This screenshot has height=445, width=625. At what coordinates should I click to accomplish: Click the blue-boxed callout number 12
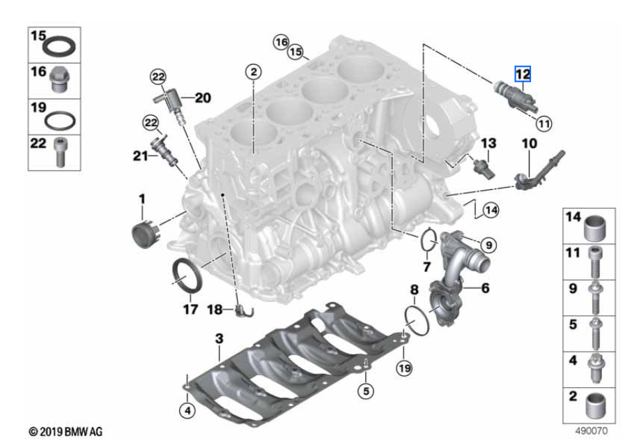pos(523,74)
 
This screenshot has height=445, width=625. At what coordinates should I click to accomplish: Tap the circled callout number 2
pos(254,72)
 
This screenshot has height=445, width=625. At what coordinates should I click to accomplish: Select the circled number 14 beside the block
pos(491,210)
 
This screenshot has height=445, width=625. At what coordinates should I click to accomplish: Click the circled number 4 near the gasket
pos(187,410)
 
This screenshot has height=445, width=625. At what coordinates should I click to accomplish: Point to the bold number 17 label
pos(190,309)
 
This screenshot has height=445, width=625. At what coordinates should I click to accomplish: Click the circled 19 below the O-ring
pos(405,368)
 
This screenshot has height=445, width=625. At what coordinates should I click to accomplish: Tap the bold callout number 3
pos(219,338)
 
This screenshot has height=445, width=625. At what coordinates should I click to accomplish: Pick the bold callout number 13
pos(488,143)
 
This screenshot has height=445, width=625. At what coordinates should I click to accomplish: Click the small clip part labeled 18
pos(244,310)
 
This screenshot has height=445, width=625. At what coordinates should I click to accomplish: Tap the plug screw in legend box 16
pos(60,80)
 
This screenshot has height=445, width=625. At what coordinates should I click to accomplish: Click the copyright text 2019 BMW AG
pos(65,432)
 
